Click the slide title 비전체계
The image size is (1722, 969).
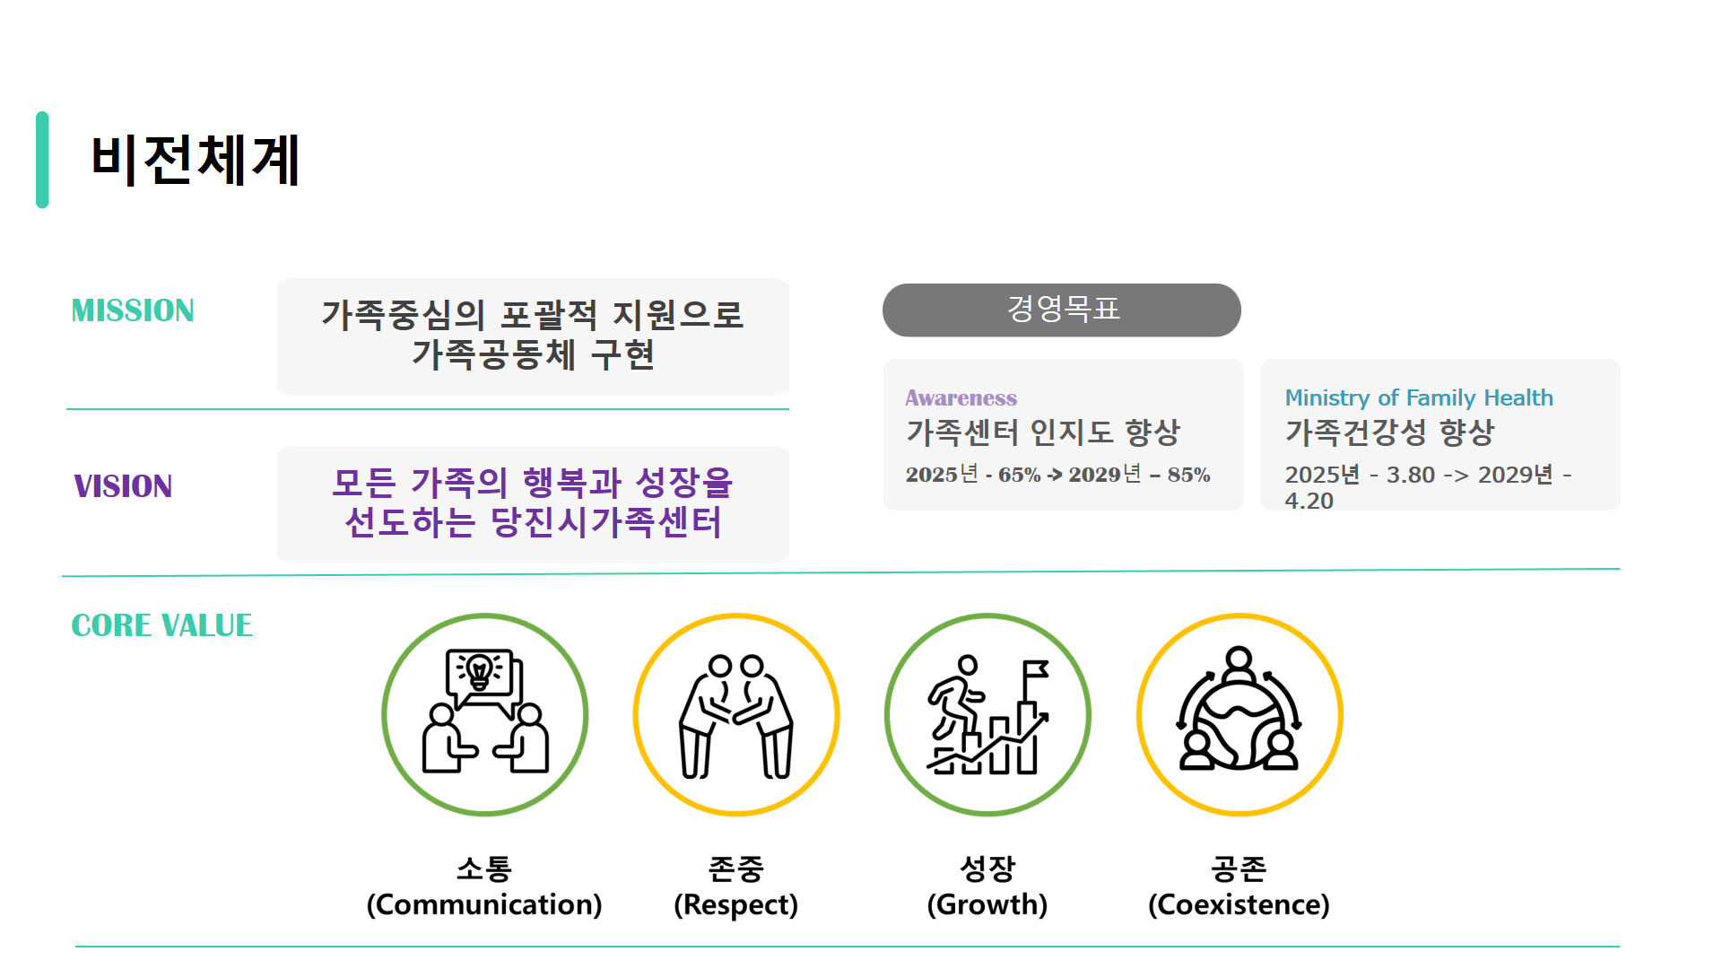(x=196, y=161)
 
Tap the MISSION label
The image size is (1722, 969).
(x=133, y=310)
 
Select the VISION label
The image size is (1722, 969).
(x=123, y=486)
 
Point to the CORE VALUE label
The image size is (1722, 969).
(x=161, y=625)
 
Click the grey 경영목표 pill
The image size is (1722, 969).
(x=1062, y=310)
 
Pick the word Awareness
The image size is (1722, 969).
(x=961, y=397)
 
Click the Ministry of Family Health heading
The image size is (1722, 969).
(x=1419, y=397)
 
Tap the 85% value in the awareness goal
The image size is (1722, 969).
(x=1188, y=475)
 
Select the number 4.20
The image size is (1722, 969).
(x=1309, y=501)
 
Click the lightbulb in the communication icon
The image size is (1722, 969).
(x=480, y=670)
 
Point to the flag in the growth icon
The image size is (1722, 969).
(x=1036, y=669)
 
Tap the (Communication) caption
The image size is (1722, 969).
(x=484, y=904)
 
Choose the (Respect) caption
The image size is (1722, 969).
(x=736, y=904)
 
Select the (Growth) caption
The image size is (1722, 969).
(x=987, y=904)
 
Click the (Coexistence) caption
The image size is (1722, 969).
(x=1239, y=904)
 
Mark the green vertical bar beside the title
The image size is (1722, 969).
(x=42, y=160)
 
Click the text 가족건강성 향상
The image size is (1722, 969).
(x=1389, y=432)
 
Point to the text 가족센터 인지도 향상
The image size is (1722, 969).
(x=1043, y=432)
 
